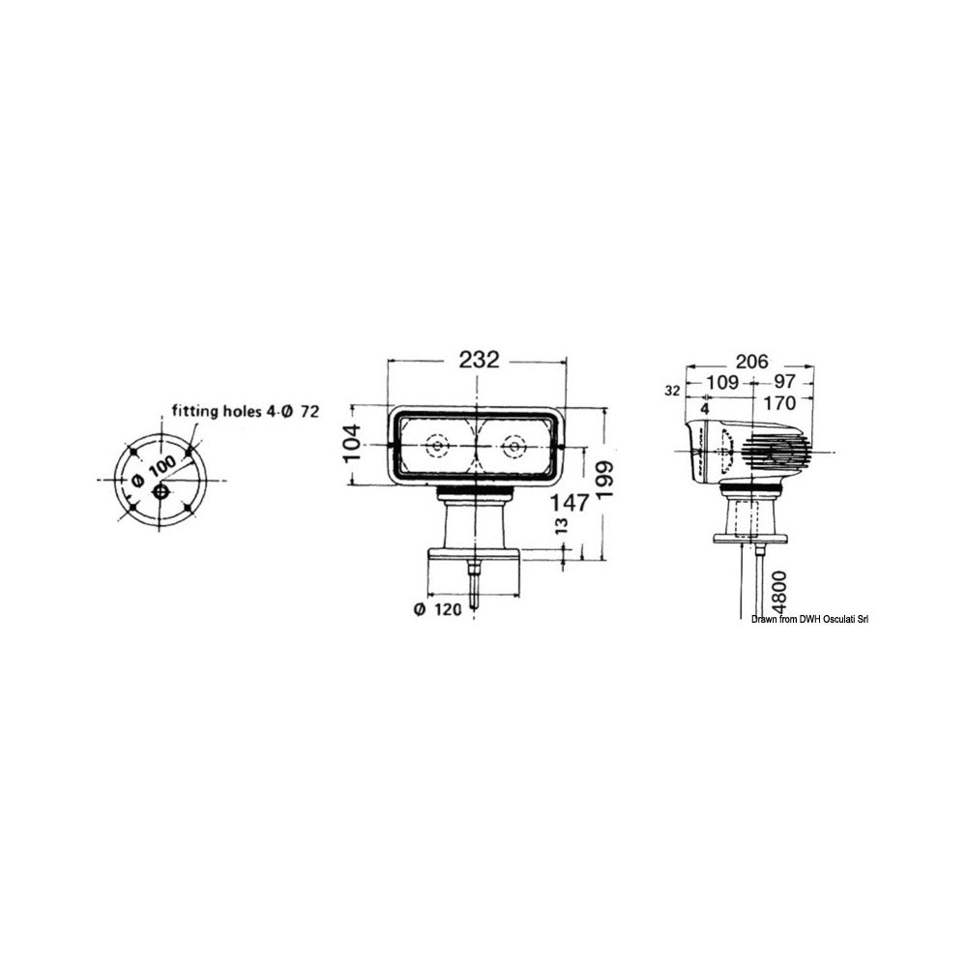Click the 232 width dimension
(x=480, y=360)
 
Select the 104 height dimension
(x=352, y=443)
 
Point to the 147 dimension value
(x=571, y=503)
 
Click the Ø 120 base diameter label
(x=438, y=610)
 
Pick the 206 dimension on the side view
(x=751, y=361)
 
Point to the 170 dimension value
(x=779, y=403)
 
